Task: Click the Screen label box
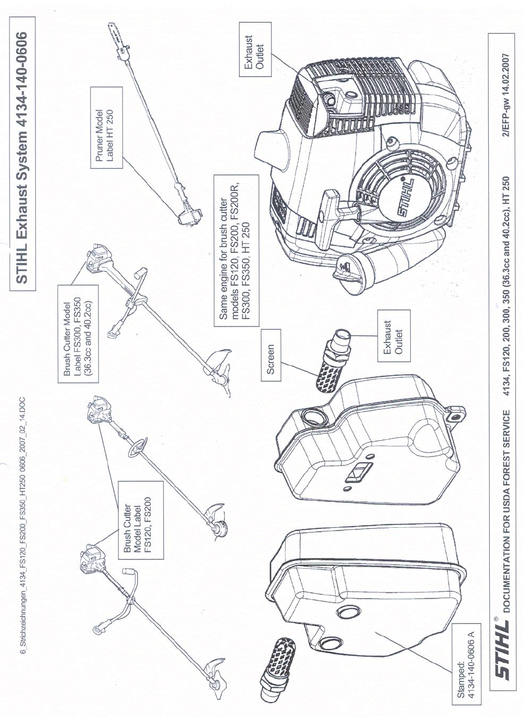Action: pos(271,360)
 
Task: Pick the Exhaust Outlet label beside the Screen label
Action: pos(394,336)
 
